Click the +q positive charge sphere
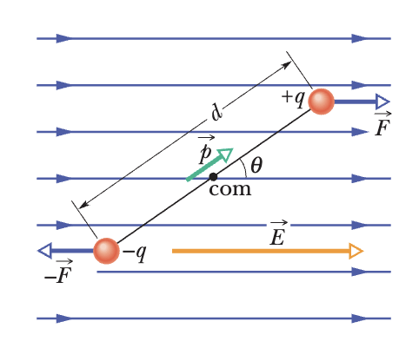(321, 102)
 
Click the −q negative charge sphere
(106, 251)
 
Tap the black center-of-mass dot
(213, 177)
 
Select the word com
(229, 190)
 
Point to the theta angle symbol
(256, 165)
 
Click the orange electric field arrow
(261, 251)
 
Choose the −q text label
(134, 253)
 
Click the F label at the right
(382, 128)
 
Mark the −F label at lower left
(57, 276)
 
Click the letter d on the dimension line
(216, 111)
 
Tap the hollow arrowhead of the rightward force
(383, 102)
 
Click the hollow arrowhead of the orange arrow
(356, 251)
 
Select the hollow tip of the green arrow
(225, 154)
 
